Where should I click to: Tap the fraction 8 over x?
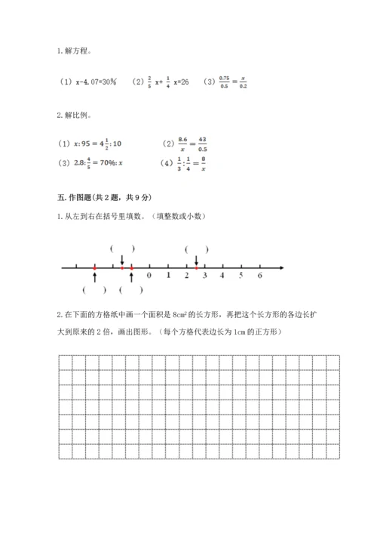tap(203, 162)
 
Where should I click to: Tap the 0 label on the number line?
tap(149, 276)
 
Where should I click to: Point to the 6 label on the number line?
tap(259, 276)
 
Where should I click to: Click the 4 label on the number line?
tap(222, 276)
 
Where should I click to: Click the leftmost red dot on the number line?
tap(94, 267)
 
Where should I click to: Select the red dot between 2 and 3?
tap(196, 267)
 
